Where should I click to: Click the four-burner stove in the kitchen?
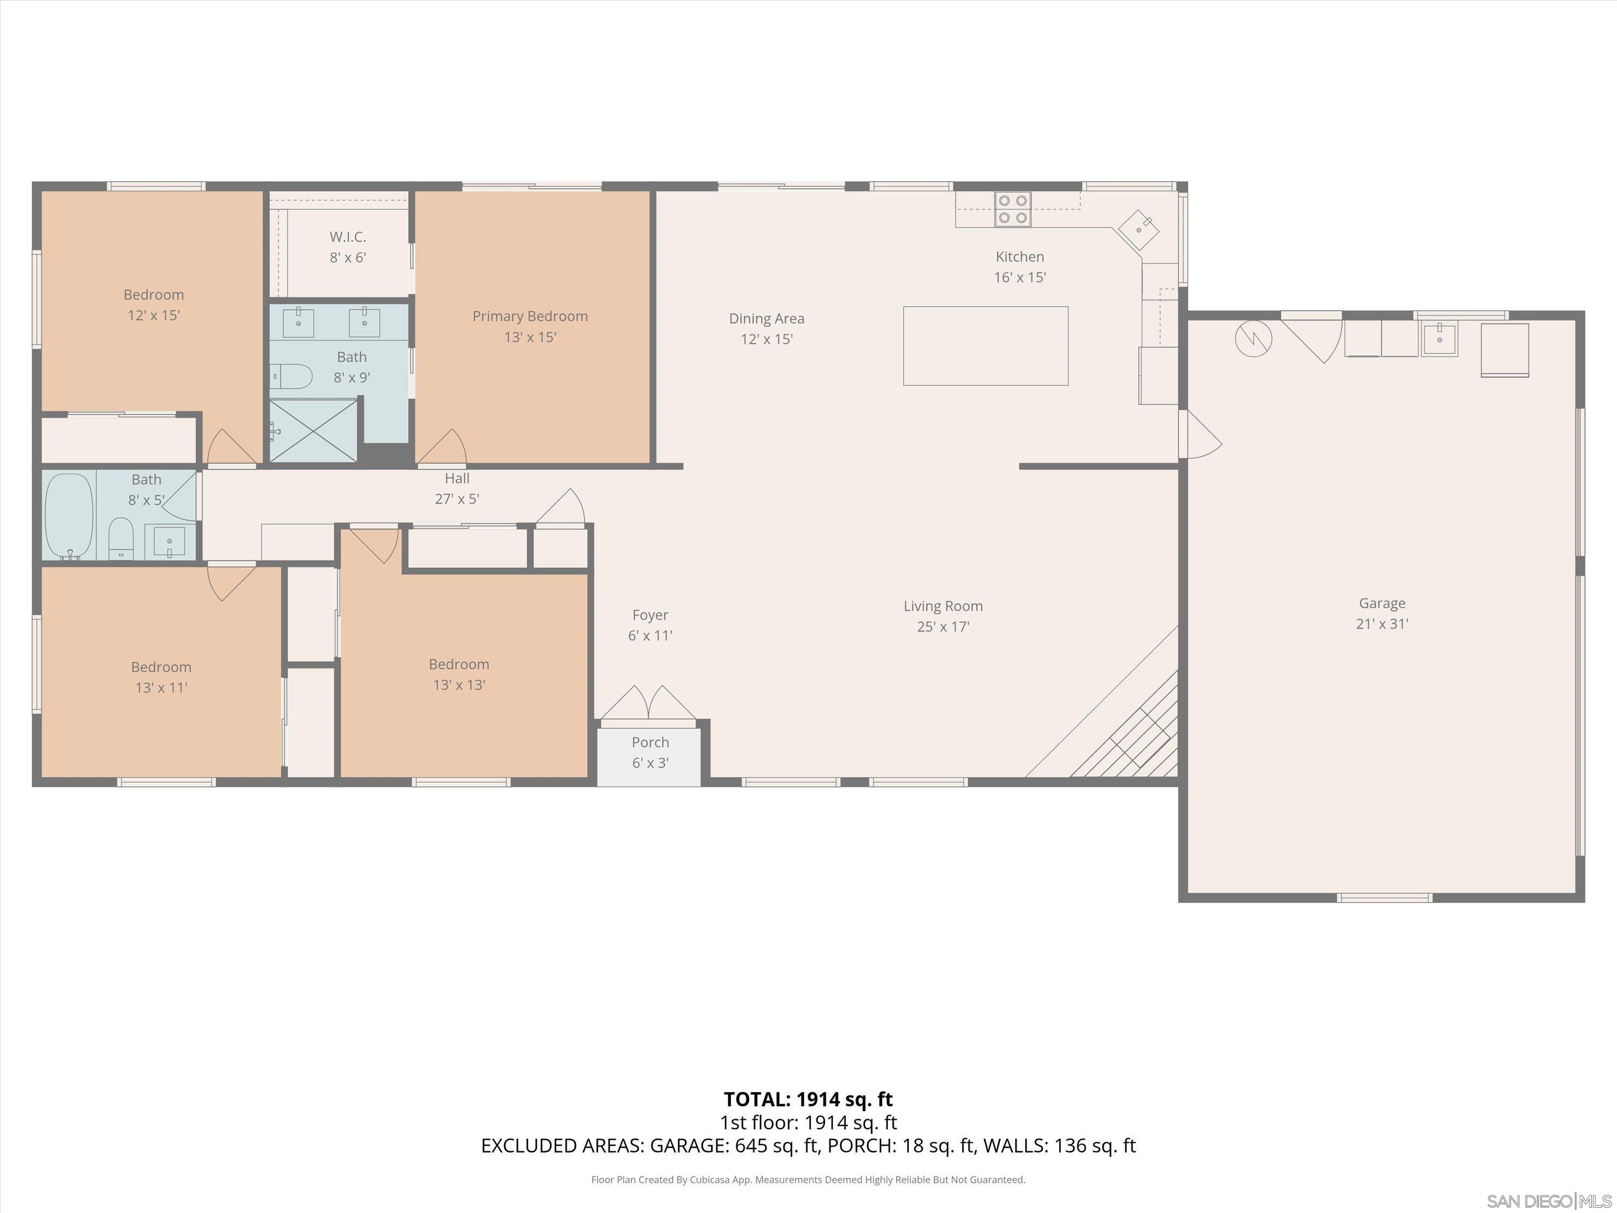[x=1012, y=209]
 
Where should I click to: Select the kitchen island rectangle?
[x=985, y=346]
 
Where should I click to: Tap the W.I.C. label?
[x=347, y=237]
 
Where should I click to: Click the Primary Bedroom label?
[x=530, y=316]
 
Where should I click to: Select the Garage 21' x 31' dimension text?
[x=1381, y=624]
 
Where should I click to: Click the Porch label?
[x=650, y=742]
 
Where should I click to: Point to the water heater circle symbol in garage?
[x=1253, y=338]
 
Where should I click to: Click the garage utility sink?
[x=1439, y=339]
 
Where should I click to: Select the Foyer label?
[x=650, y=615]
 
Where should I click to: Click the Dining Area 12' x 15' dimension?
[x=766, y=339]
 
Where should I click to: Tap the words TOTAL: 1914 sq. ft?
[x=808, y=1099]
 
